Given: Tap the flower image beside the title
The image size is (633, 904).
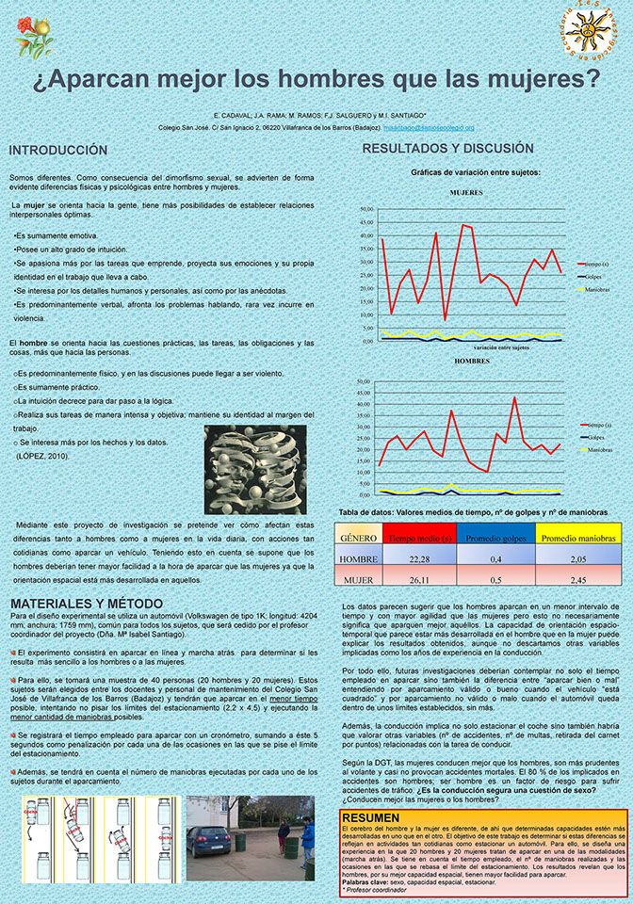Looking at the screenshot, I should (x=36, y=35).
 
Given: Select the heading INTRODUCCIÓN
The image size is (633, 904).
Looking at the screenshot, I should (x=58, y=151).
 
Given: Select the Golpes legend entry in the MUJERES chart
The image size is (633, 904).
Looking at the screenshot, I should (x=592, y=277).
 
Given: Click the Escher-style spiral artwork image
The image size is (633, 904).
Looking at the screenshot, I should (x=254, y=469).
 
